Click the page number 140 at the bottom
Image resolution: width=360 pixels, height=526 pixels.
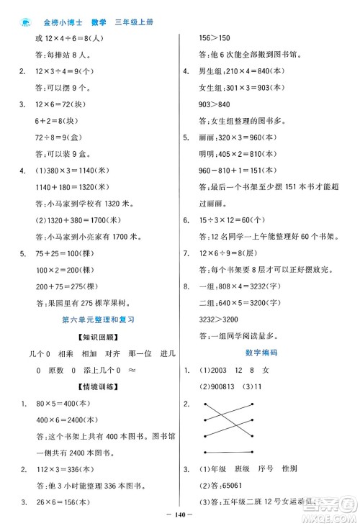click(180, 516)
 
